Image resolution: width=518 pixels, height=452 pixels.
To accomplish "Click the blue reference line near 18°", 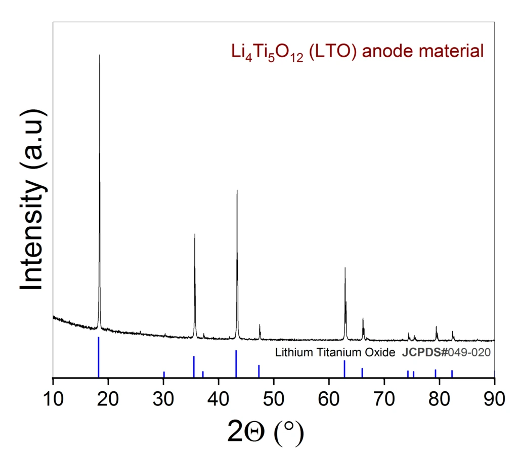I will (x=99, y=357).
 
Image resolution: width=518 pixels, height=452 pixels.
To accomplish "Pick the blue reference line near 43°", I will (x=236, y=363).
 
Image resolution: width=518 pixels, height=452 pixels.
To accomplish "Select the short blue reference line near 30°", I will (x=164, y=374).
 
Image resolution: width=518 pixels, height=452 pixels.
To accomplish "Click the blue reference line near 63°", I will (x=344, y=368).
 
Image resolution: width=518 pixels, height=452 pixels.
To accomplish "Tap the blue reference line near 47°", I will (x=258, y=371).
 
